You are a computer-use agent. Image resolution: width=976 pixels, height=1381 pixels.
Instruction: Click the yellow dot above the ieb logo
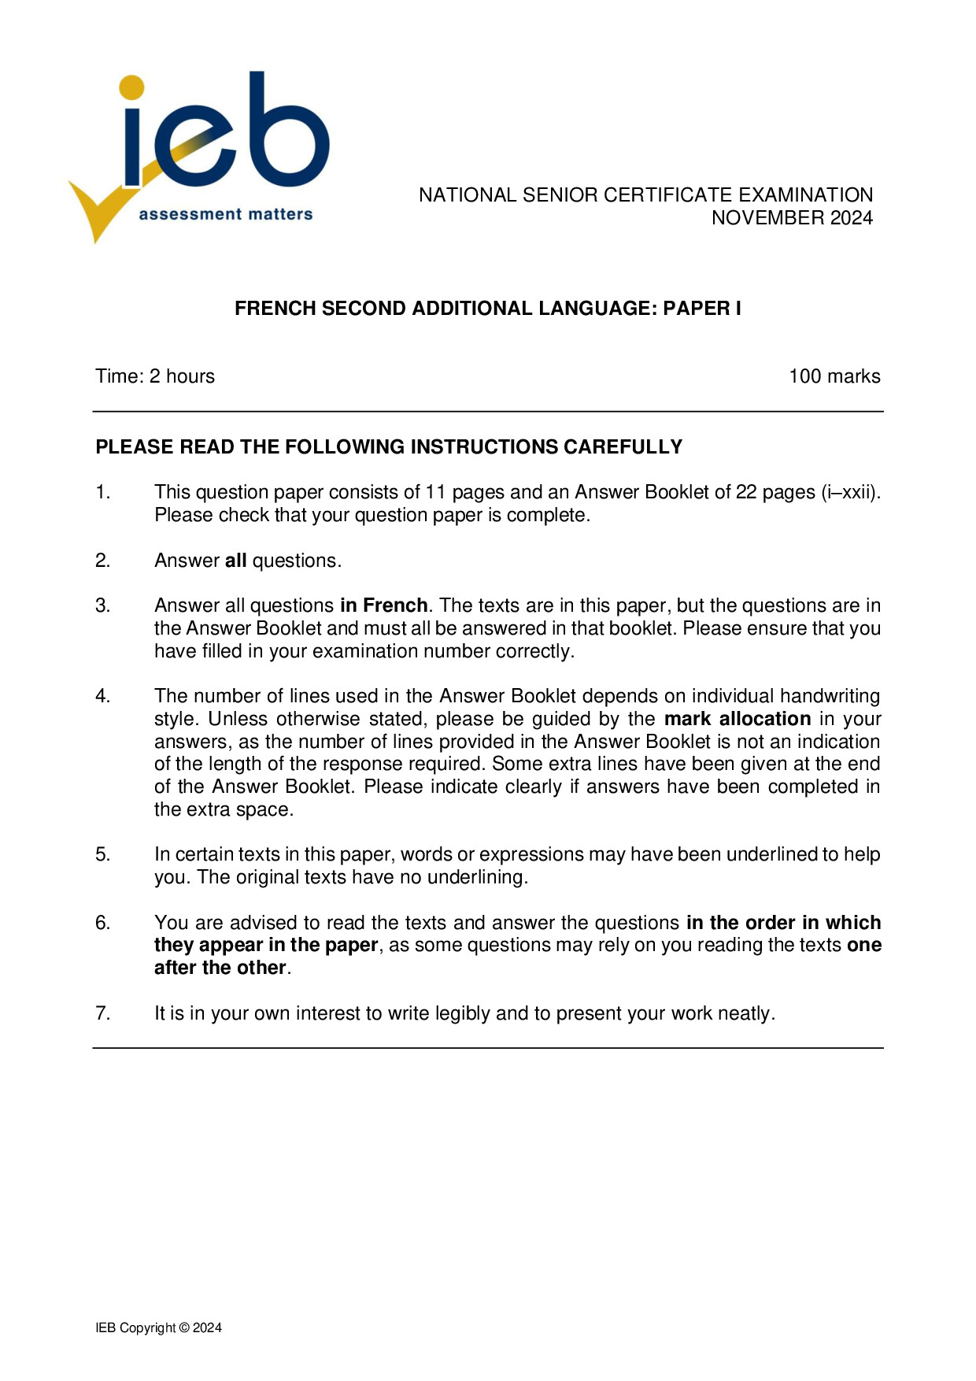click(x=132, y=87)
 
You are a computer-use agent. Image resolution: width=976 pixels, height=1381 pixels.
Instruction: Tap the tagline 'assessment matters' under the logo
click(x=226, y=214)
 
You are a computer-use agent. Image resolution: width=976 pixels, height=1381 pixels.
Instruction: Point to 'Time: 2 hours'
click(x=155, y=376)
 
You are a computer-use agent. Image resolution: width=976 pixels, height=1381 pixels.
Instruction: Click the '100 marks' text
click(x=834, y=376)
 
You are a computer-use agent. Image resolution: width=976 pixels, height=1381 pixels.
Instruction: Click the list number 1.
click(x=102, y=493)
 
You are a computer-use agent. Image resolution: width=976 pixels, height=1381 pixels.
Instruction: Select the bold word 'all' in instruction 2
click(x=235, y=561)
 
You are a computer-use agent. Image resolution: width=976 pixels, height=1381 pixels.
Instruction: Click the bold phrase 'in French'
click(x=383, y=605)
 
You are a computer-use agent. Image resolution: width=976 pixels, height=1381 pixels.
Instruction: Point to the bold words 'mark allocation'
click(x=737, y=719)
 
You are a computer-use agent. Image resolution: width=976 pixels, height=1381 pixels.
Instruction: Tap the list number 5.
click(x=102, y=855)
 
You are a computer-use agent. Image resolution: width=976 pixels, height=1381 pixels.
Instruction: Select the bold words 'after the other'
click(x=220, y=968)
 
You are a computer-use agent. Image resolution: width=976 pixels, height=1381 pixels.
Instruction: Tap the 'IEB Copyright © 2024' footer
click(x=158, y=1327)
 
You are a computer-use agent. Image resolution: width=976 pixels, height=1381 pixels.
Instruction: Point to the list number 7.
click(x=102, y=1013)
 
